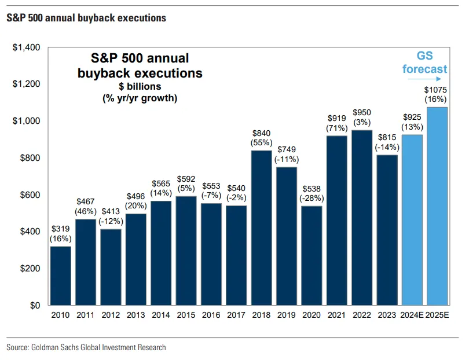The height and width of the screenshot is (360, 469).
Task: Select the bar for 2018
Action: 262,228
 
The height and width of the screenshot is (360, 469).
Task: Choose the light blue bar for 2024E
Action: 412,221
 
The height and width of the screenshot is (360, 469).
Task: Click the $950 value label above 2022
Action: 362,113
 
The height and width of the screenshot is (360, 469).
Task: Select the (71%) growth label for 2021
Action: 336,127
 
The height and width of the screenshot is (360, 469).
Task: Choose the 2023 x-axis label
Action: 386,316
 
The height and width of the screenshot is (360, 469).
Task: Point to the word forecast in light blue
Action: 425,69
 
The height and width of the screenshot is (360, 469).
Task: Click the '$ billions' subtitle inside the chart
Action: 140,87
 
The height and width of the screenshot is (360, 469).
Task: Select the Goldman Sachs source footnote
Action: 86,347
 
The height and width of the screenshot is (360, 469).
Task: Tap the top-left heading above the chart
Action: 86,18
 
